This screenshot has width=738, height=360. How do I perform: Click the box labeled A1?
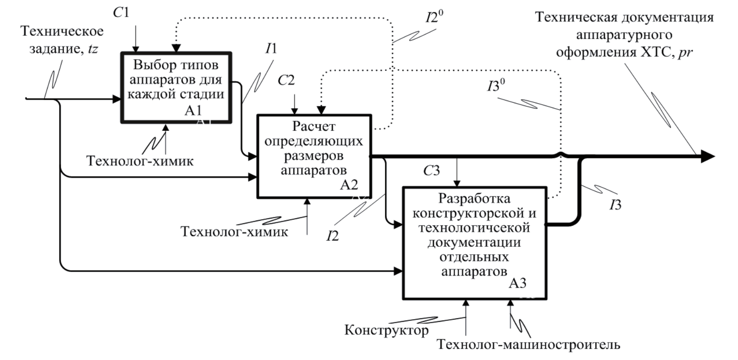(x=176, y=87)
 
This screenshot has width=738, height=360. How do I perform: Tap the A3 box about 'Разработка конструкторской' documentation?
(x=475, y=242)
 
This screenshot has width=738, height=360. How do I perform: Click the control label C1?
(x=121, y=13)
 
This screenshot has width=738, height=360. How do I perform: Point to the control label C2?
(x=286, y=80)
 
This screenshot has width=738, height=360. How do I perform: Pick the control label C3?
(x=431, y=171)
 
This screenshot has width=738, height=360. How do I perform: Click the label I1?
(x=271, y=48)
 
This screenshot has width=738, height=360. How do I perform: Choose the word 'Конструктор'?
(x=386, y=331)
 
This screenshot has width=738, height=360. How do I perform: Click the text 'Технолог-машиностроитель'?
(x=529, y=345)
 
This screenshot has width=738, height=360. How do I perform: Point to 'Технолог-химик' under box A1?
(x=140, y=160)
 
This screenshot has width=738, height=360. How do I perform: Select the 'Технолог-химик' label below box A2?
(x=234, y=232)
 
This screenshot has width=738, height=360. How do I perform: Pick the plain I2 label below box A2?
(x=332, y=235)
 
